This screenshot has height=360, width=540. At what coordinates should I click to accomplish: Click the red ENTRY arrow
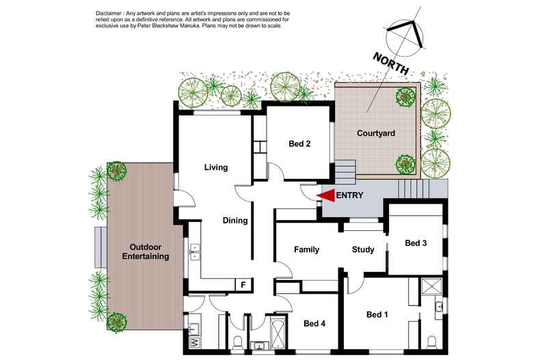326,195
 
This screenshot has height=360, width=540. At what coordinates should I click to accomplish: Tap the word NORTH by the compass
391,64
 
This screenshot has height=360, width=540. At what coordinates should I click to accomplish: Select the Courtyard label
376,133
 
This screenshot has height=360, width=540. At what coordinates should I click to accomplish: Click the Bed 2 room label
299,143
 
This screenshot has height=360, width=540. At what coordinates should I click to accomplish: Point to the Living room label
216,167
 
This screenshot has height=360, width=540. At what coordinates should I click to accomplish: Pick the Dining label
235,220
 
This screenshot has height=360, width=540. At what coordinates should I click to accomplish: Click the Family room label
306,249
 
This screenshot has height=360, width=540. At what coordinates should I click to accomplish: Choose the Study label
363,249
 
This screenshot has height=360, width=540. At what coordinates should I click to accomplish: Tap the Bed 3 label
416,243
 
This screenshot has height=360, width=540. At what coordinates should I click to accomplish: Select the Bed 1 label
377,314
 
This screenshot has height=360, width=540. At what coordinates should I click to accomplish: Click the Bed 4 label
314,323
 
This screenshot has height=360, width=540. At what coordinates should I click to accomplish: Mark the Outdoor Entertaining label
146,251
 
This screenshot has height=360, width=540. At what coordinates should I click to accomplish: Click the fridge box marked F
243,285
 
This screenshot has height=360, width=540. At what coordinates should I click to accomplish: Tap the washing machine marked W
195,342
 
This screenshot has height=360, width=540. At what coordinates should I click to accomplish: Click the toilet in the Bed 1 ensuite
432,342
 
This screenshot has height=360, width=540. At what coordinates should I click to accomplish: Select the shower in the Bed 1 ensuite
431,287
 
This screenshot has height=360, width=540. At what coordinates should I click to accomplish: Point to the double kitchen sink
195,251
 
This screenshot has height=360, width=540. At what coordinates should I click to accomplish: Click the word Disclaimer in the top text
108,13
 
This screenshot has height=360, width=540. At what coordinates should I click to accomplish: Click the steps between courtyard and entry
345,171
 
